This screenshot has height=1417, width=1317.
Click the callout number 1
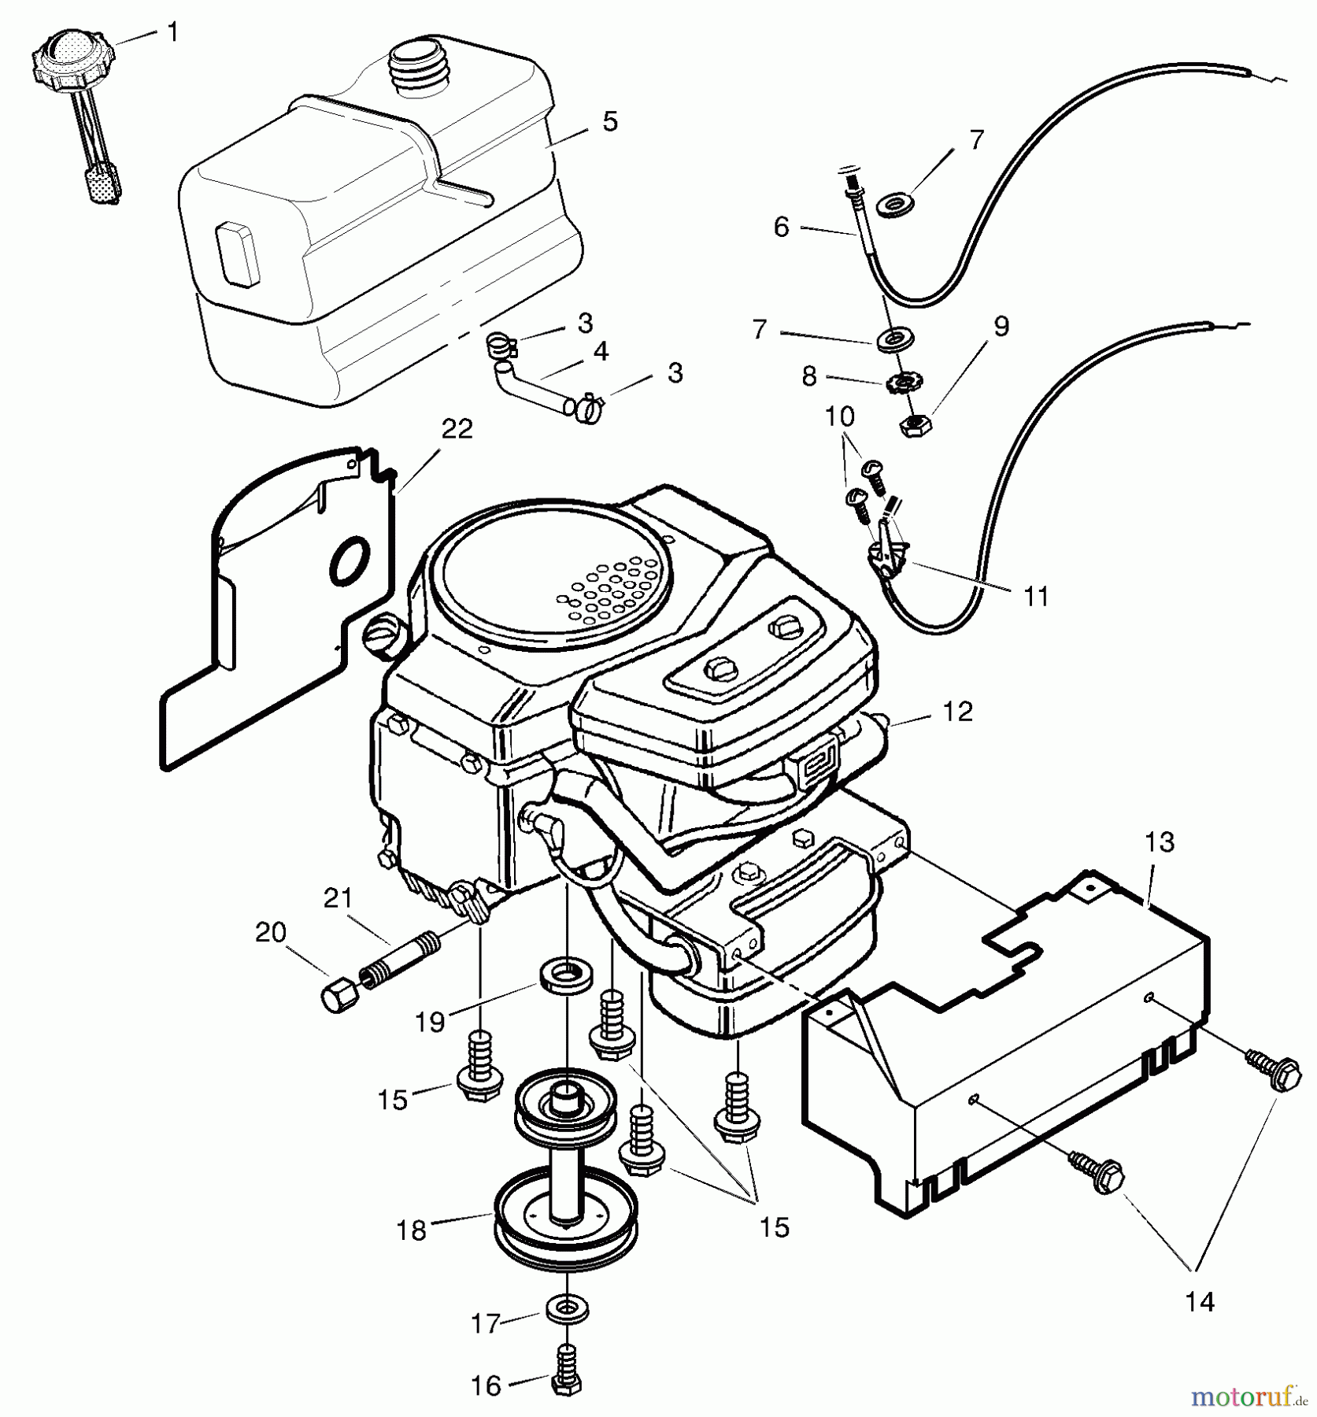click(173, 33)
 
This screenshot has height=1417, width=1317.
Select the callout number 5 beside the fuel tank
click(610, 122)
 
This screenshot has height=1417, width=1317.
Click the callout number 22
click(457, 430)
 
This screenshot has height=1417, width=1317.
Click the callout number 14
click(1200, 1302)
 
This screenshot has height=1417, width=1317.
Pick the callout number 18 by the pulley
click(411, 1230)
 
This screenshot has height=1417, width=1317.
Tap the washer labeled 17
click(565, 1310)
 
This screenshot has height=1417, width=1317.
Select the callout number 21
click(338, 897)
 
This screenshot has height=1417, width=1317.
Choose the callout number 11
click(1036, 597)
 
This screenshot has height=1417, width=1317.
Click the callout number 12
click(957, 712)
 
